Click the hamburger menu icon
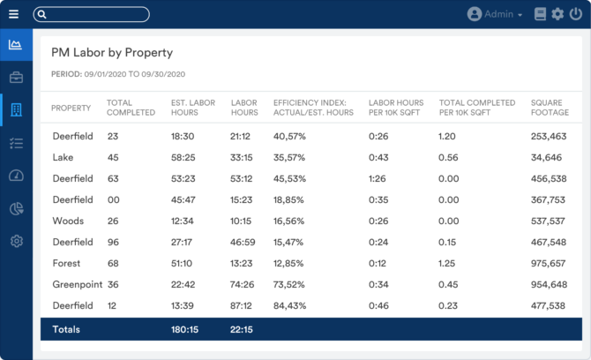click(x=13, y=14)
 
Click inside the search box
click(x=92, y=14)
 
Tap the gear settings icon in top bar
click(x=557, y=14)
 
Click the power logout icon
click(x=576, y=14)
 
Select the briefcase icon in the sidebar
click(x=16, y=77)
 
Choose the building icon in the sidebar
click(x=16, y=109)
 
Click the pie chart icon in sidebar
click(x=16, y=208)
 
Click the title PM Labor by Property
click(x=112, y=53)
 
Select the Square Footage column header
click(x=550, y=108)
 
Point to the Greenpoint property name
click(x=77, y=284)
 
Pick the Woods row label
click(x=68, y=221)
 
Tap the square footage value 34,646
click(x=547, y=157)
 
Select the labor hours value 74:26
click(x=242, y=284)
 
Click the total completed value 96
click(x=113, y=242)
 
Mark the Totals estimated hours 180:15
click(x=184, y=329)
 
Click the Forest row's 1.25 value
click(x=447, y=263)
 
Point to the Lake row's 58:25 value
click(x=183, y=157)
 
